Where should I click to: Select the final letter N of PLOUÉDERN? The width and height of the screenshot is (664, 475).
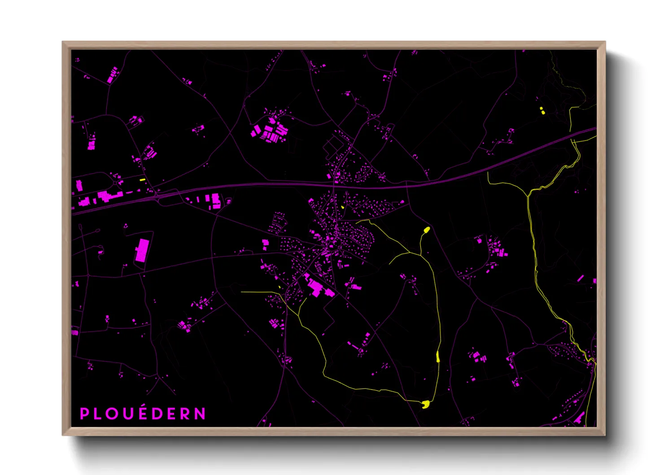pos(200,413)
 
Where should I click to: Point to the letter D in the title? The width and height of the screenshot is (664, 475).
pos(157,413)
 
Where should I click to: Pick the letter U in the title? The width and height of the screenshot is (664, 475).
pos(128,413)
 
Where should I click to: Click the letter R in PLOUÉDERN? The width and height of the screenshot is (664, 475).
pos(185,413)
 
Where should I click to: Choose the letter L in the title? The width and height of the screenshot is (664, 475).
pos(98,413)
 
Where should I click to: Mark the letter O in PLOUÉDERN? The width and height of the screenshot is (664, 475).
pos(113,413)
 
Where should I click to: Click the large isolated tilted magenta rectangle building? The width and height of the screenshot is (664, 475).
pos(142,250)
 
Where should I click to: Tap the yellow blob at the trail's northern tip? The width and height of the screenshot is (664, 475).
pos(427,230)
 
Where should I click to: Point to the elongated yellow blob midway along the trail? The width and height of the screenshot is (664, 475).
pos(438,357)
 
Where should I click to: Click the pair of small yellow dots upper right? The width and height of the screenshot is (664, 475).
pos(542,110)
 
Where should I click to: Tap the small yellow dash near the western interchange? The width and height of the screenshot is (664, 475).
pos(143,180)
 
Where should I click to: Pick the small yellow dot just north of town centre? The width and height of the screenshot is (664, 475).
pos(343,207)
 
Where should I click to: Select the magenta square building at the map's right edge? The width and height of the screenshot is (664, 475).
pos(594,281)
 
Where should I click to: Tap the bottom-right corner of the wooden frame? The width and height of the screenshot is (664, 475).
pos(605,435)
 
